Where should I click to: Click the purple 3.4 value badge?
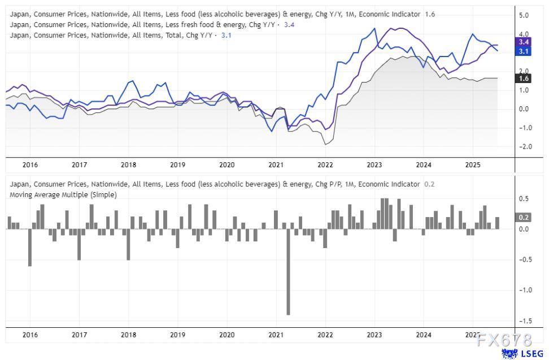tap(523, 42)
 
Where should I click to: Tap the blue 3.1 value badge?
tap(523, 51)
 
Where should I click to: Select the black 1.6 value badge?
tap(523, 79)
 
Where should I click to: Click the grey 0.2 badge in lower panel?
tap(523, 217)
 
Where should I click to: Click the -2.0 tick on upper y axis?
tap(522, 147)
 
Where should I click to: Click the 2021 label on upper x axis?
tap(276, 165)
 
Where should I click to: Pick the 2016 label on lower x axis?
tap(30, 335)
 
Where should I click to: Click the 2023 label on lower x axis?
tap(374, 335)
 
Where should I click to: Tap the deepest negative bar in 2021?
tap(288, 271)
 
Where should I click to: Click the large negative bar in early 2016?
tap(30, 248)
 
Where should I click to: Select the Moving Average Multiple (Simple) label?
tap(63, 194)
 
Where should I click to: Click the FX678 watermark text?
tap(504, 341)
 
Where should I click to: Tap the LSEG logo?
tap(517, 354)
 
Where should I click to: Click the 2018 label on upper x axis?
tap(128, 165)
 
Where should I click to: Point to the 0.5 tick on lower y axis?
tap(523, 199)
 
